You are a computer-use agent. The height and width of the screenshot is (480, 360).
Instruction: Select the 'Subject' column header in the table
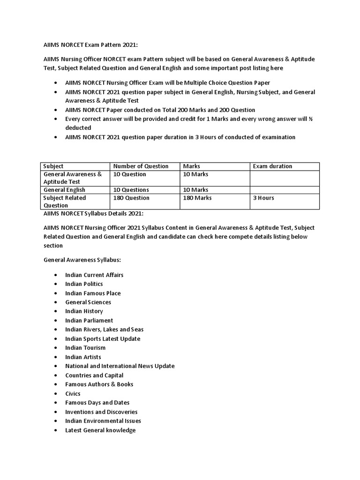[x=53, y=166]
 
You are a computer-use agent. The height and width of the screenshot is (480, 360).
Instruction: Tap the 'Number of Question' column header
[x=141, y=166]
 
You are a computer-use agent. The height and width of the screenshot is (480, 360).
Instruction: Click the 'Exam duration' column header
[x=272, y=166]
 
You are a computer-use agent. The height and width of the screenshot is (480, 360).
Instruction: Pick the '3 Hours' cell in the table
[x=263, y=198]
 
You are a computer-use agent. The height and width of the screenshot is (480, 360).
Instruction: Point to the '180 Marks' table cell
[x=197, y=198]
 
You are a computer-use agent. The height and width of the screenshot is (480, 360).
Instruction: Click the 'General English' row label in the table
[x=64, y=190]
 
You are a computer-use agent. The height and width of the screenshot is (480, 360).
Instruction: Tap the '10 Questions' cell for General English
[x=131, y=190]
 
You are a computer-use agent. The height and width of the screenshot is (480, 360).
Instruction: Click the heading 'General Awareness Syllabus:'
[x=83, y=259]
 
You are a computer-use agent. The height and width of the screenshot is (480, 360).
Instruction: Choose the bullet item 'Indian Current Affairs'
[x=94, y=275]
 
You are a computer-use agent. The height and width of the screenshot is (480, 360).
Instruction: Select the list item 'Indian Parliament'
[x=89, y=321]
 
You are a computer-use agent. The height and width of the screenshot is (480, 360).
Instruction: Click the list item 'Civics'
[x=73, y=394]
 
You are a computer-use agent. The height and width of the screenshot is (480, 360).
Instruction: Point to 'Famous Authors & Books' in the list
[x=99, y=384]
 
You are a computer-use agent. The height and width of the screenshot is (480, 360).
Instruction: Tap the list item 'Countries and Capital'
[x=94, y=375]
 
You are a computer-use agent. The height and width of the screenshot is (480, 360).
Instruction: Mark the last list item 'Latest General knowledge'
[x=100, y=430]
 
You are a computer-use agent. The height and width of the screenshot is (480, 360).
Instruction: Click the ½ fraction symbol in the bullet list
[x=311, y=119]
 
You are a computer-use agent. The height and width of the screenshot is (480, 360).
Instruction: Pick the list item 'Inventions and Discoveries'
[x=101, y=412]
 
